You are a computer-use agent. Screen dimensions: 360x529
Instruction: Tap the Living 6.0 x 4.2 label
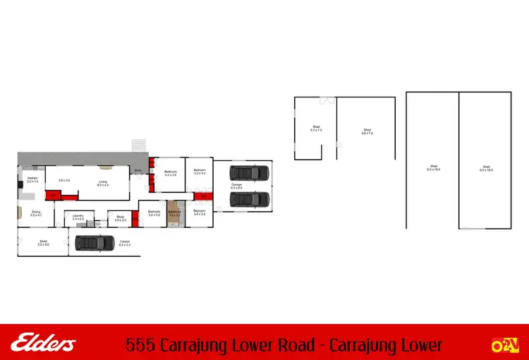(102, 185)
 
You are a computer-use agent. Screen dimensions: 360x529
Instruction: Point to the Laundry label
(78, 218)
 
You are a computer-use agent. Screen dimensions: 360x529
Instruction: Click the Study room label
(120, 220)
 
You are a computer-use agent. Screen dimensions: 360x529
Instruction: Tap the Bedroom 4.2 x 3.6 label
(170, 173)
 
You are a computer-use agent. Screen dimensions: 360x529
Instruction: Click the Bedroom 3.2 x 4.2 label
(200, 172)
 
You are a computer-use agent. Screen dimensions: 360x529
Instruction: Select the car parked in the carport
(95, 243)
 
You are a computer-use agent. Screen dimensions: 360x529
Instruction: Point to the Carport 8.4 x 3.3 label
(125, 244)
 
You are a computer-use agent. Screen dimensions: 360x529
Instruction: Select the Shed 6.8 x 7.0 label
(367, 131)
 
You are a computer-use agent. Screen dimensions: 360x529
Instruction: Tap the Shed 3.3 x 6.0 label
(43, 244)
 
